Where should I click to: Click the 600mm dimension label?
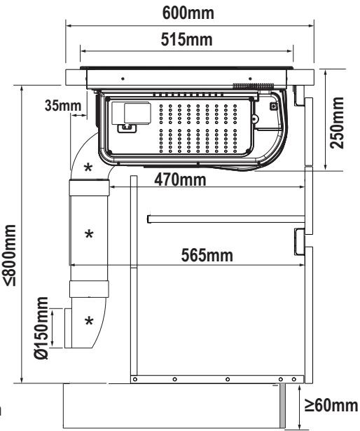(x=188, y=13)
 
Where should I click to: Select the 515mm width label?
(x=186, y=39)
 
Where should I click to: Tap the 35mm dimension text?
(x=63, y=105)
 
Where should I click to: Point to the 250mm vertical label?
(x=337, y=123)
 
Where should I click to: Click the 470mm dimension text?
(x=180, y=180)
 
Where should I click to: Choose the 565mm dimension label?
(x=207, y=255)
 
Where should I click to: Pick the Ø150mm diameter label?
(x=41, y=328)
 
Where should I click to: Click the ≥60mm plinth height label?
(x=332, y=405)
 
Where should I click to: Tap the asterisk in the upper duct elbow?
(x=88, y=167)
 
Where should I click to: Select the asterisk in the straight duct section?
(x=90, y=234)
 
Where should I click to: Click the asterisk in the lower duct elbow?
(x=89, y=320)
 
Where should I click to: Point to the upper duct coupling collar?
(x=90, y=187)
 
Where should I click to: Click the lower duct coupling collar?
(x=89, y=289)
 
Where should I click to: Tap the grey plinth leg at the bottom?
(x=282, y=406)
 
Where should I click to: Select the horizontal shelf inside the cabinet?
(x=226, y=219)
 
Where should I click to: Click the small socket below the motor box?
(x=127, y=128)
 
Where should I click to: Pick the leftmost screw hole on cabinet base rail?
(x=135, y=379)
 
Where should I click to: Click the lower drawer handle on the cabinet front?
(x=300, y=242)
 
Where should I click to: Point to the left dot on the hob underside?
(x=123, y=78)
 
